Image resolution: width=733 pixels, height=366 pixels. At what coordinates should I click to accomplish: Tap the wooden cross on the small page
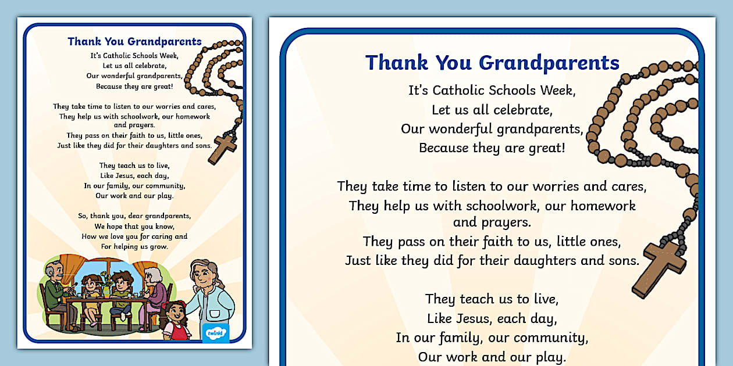(x=223, y=148)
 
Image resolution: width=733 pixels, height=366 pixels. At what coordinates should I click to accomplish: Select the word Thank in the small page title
(x=84, y=41)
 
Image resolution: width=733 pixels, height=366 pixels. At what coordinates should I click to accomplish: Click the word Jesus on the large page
(x=471, y=318)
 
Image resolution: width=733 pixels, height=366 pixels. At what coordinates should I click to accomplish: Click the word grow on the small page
(x=159, y=246)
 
